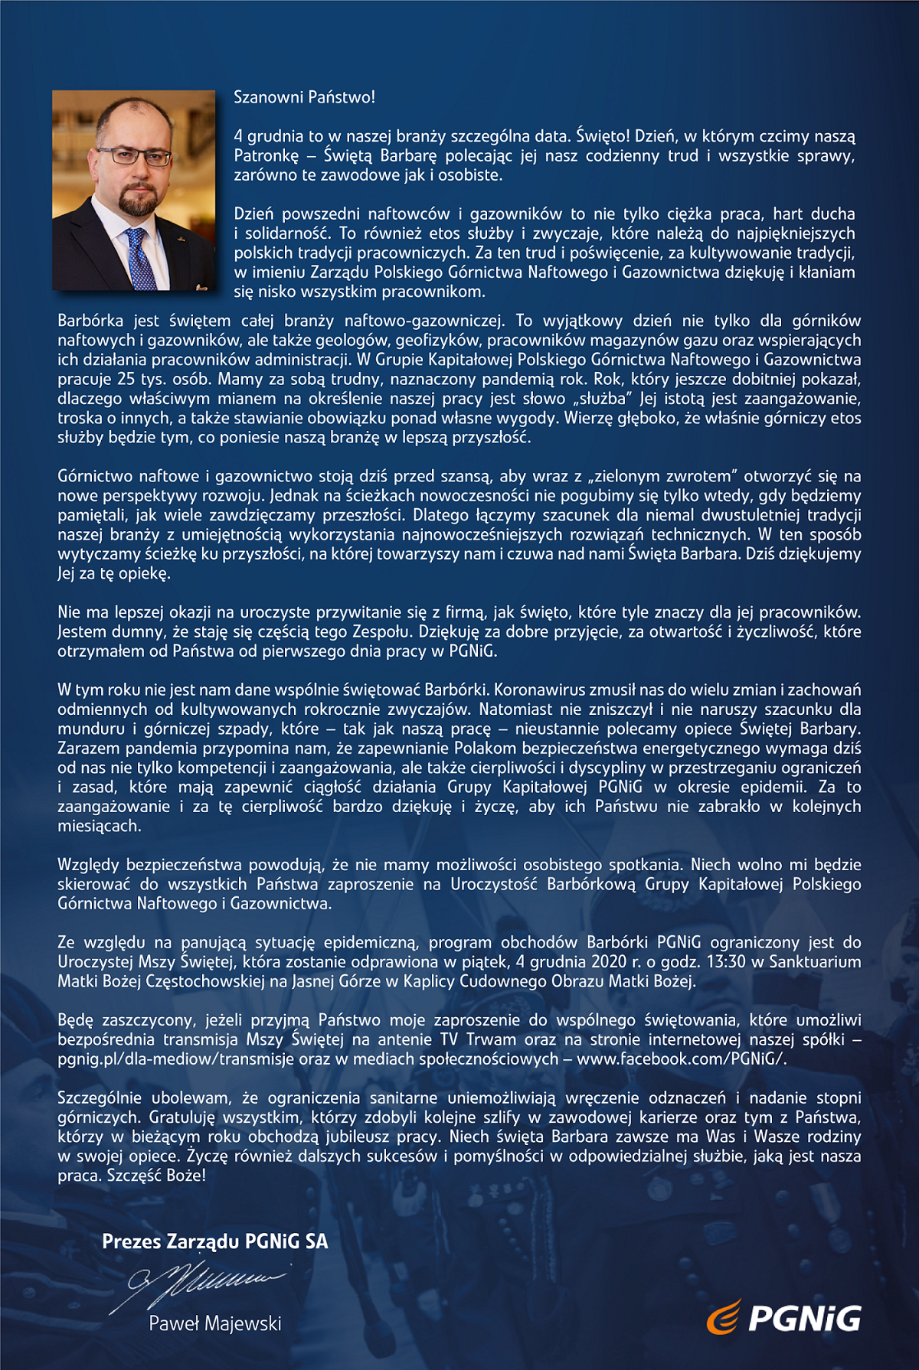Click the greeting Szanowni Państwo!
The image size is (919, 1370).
(x=304, y=97)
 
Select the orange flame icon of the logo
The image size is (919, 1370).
(x=723, y=1317)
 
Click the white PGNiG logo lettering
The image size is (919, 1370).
(x=804, y=1319)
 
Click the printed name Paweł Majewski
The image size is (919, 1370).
(x=215, y=1323)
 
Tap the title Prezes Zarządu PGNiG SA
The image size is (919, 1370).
(x=214, y=1241)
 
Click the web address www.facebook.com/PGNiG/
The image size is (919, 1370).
(x=681, y=1059)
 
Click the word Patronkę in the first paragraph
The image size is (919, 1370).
(x=267, y=156)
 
